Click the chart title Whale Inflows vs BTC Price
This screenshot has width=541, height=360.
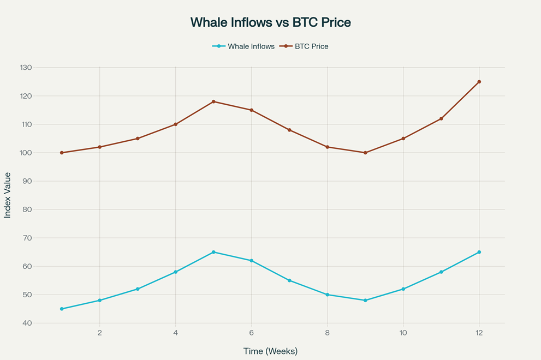tap(270, 22)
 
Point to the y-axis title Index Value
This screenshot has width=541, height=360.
tap(8, 195)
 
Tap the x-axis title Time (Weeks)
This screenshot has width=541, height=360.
tap(270, 351)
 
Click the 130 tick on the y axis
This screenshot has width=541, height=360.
tap(26, 68)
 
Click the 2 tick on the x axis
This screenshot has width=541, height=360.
tap(99, 333)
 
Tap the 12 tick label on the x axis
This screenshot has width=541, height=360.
tap(479, 333)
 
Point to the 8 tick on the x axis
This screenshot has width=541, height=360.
tap(327, 333)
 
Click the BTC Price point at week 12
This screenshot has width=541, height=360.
tap(479, 82)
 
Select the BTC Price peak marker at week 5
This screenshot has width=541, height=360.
tap(213, 101)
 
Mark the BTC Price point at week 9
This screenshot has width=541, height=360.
tap(365, 153)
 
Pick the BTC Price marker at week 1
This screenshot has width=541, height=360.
tap(62, 153)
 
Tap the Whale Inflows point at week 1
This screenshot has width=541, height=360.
tap(62, 309)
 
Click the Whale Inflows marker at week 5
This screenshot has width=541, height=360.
tap(213, 252)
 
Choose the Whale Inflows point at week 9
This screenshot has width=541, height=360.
tap(365, 300)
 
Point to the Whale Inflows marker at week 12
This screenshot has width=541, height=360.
tap(479, 252)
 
